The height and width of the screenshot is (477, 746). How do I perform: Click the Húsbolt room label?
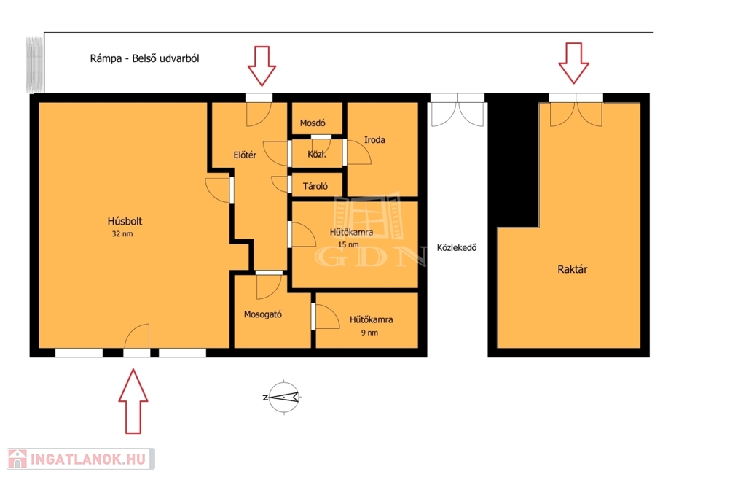[x=125, y=221]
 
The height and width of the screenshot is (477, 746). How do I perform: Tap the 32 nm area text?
[x=122, y=234]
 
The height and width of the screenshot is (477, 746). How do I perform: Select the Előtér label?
[x=245, y=155]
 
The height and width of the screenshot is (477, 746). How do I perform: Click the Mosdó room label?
[x=313, y=123]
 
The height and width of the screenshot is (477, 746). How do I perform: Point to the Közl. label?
[x=317, y=155]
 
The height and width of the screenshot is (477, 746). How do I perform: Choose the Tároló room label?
[x=315, y=186]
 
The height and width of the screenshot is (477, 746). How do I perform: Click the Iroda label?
[x=374, y=140]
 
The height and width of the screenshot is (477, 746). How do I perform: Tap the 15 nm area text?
[x=348, y=244]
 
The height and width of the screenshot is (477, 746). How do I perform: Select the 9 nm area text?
[x=369, y=333]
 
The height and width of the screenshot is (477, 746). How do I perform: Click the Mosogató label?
[x=262, y=314]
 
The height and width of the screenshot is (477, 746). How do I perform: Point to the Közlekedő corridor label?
[x=457, y=248]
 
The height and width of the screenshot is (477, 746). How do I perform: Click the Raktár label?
[x=573, y=269]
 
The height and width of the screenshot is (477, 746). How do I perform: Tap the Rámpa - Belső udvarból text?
[x=145, y=58]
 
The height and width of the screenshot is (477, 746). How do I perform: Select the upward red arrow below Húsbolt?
[x=133, y=401]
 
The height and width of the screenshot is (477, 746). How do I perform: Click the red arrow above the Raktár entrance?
[x=574, y=63]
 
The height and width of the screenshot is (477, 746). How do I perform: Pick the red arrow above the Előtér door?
[x=262, y=66]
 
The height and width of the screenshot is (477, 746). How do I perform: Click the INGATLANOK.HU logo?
[x=81, y=459]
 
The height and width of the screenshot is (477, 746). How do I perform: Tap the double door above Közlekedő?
[x=458, y=110]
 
